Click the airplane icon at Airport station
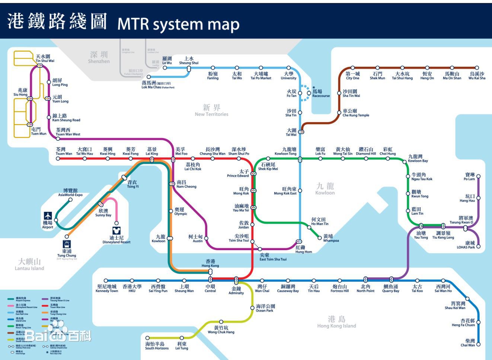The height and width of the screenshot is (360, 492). [x=48, y=216]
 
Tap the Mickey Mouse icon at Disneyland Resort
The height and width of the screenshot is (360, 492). [x=116, y=231]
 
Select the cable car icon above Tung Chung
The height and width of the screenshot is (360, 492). [x=67, y=244]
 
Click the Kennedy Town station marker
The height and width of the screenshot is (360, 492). [x=106, y=281]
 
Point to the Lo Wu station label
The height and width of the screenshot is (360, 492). [x=167, y=61]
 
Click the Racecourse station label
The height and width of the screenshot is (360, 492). [x=320, y=93]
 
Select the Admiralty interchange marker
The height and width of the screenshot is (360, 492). [x=236, y=280]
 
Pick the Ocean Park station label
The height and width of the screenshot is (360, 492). [x=265, y=308]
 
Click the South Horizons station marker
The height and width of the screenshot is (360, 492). [x=147, y=338]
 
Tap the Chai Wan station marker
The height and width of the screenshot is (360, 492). [x=478, y=344]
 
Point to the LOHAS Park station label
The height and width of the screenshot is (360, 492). [x=466, y=245]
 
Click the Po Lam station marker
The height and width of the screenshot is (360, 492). [x=478, y=176]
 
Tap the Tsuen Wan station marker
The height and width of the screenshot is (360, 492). [x=58, y=159]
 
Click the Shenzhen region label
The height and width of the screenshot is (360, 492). [x=99, y=57]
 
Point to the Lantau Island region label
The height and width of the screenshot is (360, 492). [x=29, y=265]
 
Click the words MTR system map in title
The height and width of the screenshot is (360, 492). [x=178, y=24]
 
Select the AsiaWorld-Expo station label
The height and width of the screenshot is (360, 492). [x=70, y=192]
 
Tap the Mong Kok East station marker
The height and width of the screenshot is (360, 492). [x=300, y=191]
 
